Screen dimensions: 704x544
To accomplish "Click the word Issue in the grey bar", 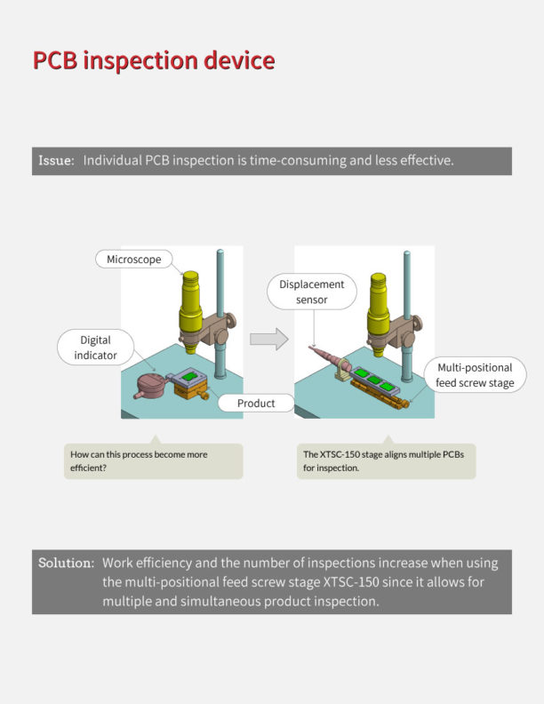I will tap(54, 161).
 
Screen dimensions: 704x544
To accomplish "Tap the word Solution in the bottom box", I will tap(65, 564).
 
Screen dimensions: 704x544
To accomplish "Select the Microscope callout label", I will tap(133, 260).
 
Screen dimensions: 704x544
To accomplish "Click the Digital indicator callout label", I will tap(95, 348).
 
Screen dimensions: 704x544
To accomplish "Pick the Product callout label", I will tap(255, 404).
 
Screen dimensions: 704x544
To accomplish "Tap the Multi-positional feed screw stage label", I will tap(475, 375).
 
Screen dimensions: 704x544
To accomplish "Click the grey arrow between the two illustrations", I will tap(269, 339).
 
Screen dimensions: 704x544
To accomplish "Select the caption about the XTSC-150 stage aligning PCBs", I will tap(386, 460).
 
